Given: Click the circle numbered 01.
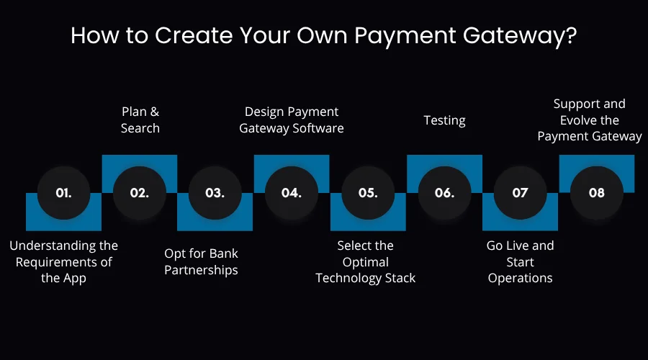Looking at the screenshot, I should pos(63,193).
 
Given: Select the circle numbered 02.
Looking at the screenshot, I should pos(140,193).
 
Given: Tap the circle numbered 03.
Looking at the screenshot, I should pos(215,193).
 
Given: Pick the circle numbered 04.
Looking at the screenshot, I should pos(292,193).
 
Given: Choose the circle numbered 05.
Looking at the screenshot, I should pos(368,193).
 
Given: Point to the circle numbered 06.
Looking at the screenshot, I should pos(444,193).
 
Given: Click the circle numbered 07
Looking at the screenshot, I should pos(520,193).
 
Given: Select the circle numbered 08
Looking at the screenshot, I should pos(596,193).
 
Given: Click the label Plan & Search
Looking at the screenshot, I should pos(140,120).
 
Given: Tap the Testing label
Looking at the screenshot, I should pos(444,120).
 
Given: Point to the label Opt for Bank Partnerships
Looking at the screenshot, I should pos(201,261).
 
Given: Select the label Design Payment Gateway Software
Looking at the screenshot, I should pos(292,120).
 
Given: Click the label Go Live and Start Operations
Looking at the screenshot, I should pos(520,261).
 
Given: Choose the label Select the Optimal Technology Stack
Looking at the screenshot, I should pos(366,261).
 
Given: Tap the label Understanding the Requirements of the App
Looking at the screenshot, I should pos(63,261).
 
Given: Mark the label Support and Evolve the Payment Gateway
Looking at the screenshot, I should pos(590,120).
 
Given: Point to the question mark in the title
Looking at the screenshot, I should pos(571,36).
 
